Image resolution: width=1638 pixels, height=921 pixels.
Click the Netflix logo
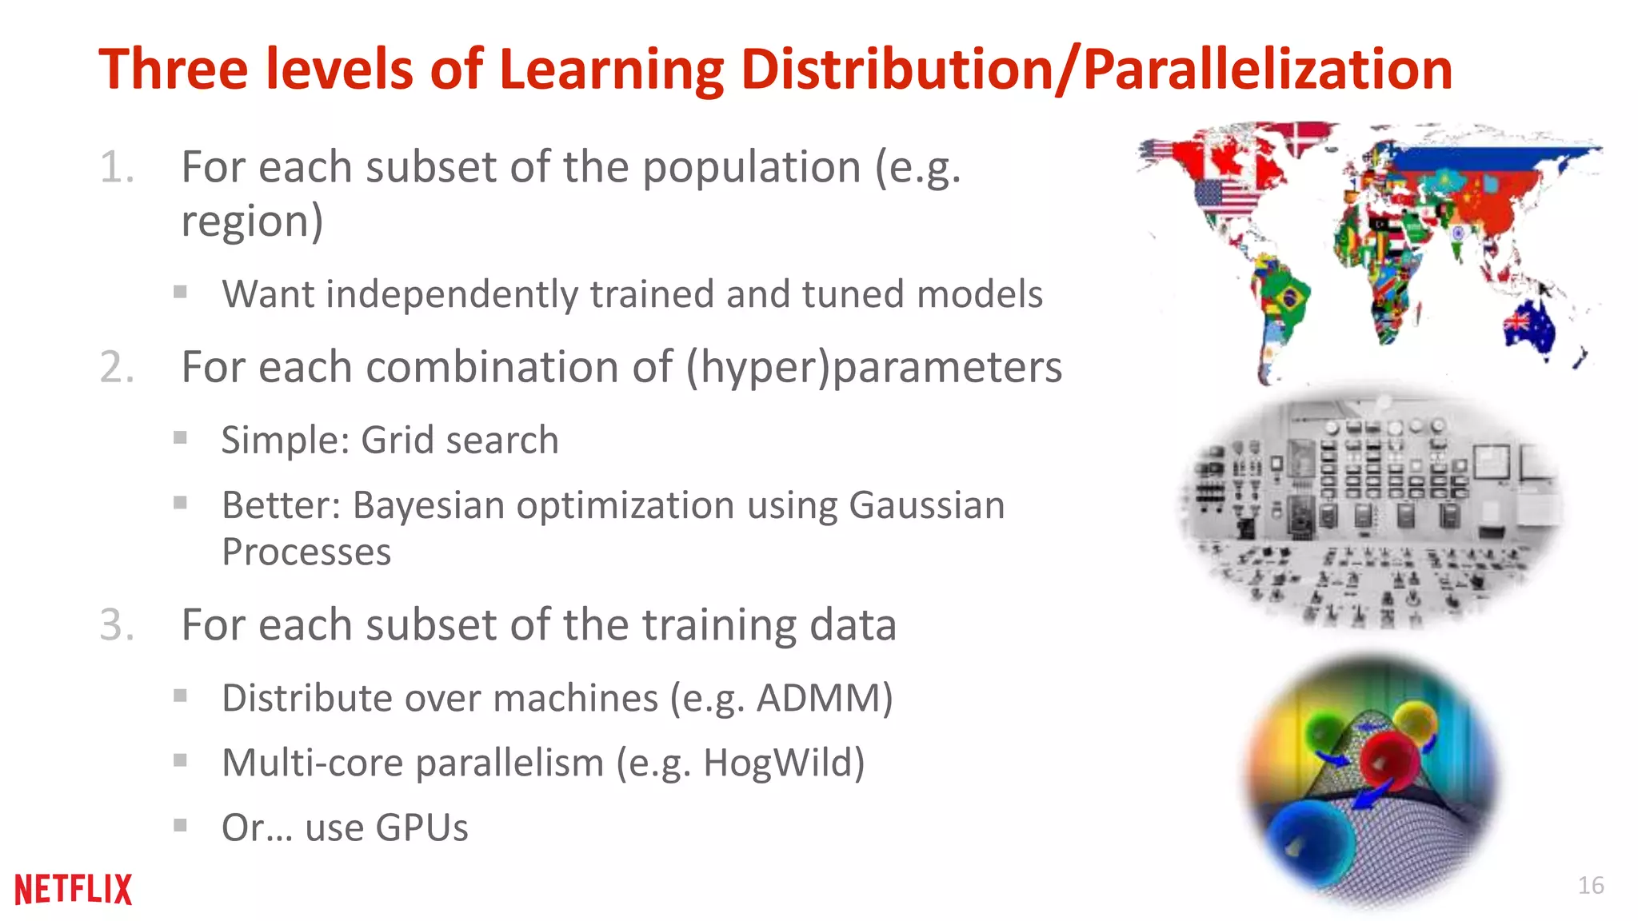coord(73,889)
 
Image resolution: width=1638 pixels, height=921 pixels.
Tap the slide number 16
coord(1590,885)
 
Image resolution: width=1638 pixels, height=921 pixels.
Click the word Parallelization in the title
coord(1268,69)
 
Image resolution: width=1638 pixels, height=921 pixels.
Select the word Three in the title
coord(174,69)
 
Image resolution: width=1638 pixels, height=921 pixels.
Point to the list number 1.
coord(116,168)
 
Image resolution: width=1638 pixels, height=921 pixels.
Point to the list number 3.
coord(117,624)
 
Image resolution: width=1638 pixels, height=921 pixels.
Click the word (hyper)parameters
coord(873,368)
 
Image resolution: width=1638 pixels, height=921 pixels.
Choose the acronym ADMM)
coord(825,698)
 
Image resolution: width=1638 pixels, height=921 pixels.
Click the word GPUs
coord(421,827)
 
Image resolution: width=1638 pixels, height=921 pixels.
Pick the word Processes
coord(306,552)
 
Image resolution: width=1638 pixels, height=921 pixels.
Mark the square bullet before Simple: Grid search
coord(181,437)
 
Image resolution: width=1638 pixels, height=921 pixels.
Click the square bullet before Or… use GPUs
coord(181,824)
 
